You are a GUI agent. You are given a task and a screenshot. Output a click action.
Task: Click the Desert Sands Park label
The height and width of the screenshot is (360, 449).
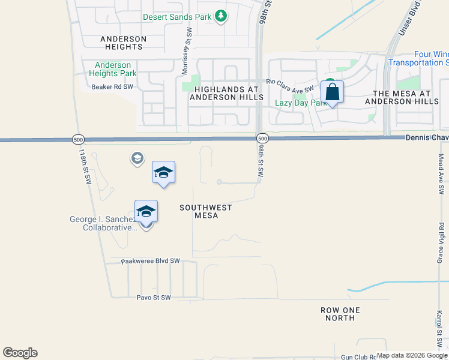click(x=176, y=17)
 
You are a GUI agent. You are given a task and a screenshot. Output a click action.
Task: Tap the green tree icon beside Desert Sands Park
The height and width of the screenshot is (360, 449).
click(x=221, y=16)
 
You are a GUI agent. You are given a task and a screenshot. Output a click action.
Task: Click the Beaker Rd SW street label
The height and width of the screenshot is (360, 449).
click(x=112, y=87)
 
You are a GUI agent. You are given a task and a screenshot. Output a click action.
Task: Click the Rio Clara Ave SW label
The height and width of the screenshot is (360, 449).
click(x=291, y=85)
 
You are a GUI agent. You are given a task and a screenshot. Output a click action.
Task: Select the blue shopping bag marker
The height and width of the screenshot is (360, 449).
click(x=332, y=92)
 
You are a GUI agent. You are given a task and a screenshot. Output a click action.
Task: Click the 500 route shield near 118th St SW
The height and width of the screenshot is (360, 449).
click(x=78, y=139)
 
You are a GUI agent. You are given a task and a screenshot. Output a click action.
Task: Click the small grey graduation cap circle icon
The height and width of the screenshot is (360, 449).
click(x=137, y=158)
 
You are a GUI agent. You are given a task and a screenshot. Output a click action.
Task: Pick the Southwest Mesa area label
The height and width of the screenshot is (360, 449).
click(x=206, y=212)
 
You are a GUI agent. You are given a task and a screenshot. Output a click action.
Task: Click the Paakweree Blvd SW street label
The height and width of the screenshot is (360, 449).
click(x=150, y=261)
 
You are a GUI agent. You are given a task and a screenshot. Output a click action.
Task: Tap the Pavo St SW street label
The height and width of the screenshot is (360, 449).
click(x=154, y=298)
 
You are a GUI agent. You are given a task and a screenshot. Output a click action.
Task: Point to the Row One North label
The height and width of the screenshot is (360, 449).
click(x=340, y=314)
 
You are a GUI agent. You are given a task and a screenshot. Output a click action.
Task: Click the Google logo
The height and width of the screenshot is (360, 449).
click(x=20, y=353)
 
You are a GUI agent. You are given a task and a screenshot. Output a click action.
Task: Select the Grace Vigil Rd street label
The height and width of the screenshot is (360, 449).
click(x=440, y=244)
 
